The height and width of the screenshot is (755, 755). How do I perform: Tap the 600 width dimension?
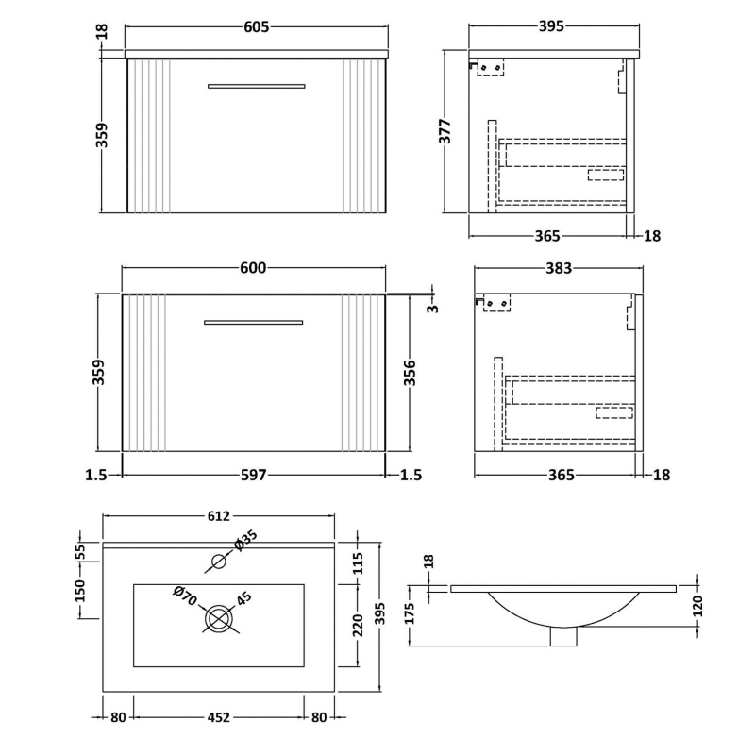(x=253, y=268)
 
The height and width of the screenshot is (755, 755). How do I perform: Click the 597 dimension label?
(x=253, y=475)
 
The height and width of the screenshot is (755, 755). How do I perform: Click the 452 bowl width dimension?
(x=218, y=717)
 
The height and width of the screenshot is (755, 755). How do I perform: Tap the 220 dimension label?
(x=359, y=623)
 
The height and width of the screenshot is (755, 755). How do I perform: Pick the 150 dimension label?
(x=80, y=590)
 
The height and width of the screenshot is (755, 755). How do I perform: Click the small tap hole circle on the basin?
(x=219, y=562)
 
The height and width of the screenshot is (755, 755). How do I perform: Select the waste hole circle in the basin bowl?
(x=219, y=619)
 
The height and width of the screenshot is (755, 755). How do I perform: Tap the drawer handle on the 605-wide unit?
(x=256, y=86)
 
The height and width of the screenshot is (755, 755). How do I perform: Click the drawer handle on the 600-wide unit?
(x=254, y=323)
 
